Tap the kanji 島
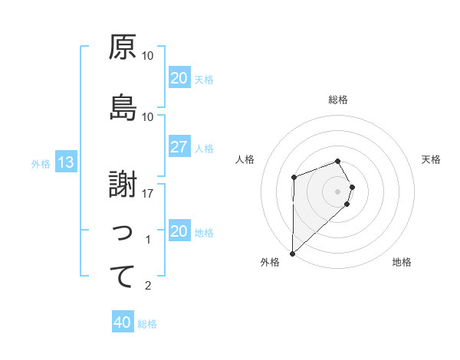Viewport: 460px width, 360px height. [x=122, y=108]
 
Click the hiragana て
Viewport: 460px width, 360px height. [x=122, y=277]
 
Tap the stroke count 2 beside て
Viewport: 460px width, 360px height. [x=149, y=286]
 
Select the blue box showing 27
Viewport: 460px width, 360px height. [x=179, y=147]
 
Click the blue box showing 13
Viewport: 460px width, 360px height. [x=65, y=162]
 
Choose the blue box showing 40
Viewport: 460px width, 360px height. [x=122, y=322]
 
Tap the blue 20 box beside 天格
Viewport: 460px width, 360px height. [x=179, y=78]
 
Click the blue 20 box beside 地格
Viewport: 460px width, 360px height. [x=179, y=231]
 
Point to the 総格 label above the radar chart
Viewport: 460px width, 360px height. [x=338, y=100]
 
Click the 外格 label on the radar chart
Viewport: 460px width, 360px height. [x=270, y=263]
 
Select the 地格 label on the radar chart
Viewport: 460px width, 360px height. [x=402, y=263]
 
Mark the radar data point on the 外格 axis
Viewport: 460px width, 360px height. [x=292, y=253]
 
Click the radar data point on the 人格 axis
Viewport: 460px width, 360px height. [x=294, y=178]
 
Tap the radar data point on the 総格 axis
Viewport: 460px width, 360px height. [x=338, y=161]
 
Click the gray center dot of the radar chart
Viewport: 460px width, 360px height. [x=337, y=191]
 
